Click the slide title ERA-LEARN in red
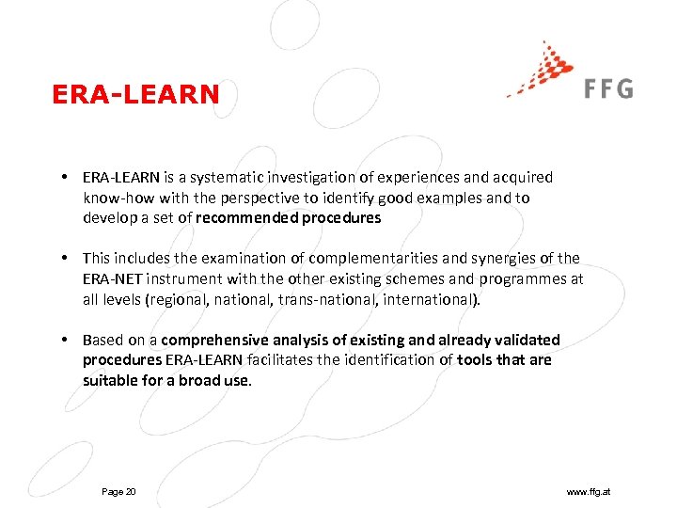pyautogui.click(x=136, y=94)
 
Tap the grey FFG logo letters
pyautogui.click(x=607, y=88)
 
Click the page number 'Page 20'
pyautogui.click(x=118, y=492)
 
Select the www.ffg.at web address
pyautogui.click(x=589, y=492)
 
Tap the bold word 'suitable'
pyautogui.click(x=108, y=381)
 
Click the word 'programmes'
pyautogui.click(x=527, y=278)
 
